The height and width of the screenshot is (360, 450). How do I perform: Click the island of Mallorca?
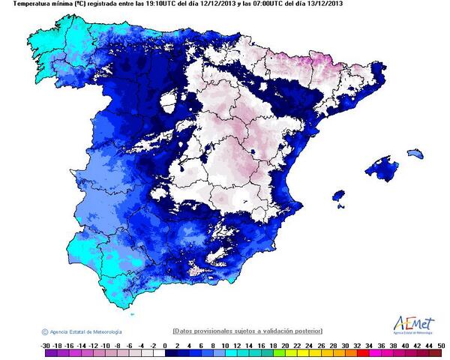tap(382, 169)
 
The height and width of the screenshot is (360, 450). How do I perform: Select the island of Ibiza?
tap(341, 200)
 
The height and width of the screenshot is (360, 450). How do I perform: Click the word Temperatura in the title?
tap(22, 4)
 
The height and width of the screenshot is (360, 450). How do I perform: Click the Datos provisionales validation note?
tap(247, 331)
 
